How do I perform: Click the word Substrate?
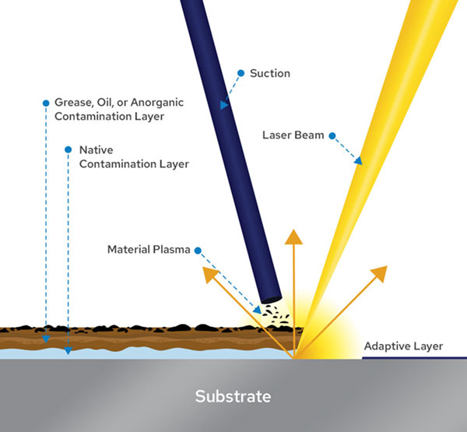[233, 396]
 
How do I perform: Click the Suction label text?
[269, 74]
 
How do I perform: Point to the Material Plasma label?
[147, 250]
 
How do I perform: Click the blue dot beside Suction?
[241, 74]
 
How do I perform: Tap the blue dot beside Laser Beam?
[332, 135]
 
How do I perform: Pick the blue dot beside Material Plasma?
[198, 250]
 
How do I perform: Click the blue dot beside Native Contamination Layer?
[68, 149]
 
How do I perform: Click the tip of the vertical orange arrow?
[293, 231]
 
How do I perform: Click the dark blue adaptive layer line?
[413, 358]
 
